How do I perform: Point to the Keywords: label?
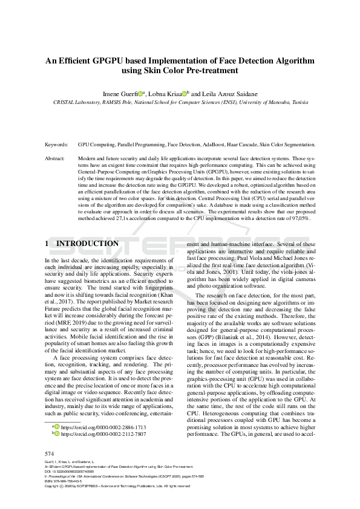[x=57, y=145]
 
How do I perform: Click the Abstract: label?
[x=56, y=158]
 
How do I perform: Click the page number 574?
[x=50, y=453]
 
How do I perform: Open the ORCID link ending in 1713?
[x=103, y=427]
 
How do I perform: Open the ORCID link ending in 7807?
[x=103, y=434]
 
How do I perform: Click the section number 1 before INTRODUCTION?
[x=47, y=244]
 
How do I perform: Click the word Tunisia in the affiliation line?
[x=305, y=103]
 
